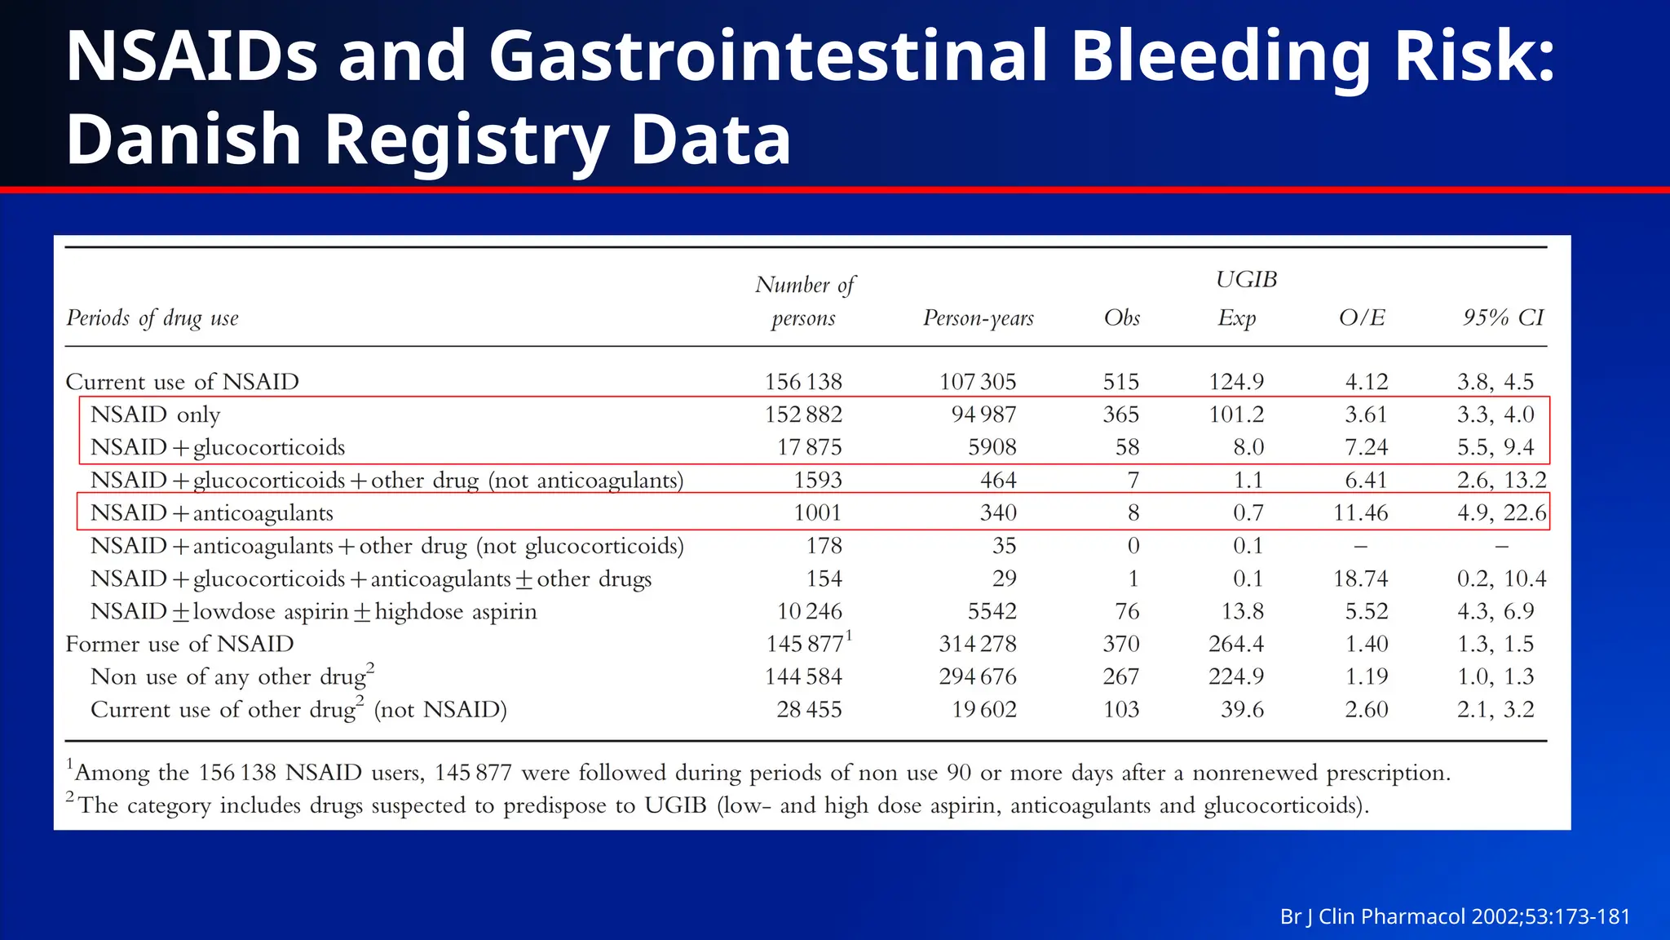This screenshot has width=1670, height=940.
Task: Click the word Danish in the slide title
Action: (183, 140)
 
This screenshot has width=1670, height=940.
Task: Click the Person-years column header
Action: (978, 317)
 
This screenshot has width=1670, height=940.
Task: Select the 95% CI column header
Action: (1503, 317)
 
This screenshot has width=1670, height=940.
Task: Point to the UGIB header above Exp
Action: (1245, 280)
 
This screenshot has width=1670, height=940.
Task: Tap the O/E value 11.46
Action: (1360, 513)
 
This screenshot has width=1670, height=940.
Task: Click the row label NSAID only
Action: (155, 415)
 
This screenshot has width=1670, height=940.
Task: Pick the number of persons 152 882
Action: (803, 415)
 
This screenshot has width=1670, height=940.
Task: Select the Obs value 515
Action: (1121, 382)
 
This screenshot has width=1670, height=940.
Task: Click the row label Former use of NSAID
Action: (179, 644)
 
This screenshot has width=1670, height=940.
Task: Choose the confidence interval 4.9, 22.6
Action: (1501, 513)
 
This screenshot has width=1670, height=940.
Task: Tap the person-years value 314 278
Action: (978, 644)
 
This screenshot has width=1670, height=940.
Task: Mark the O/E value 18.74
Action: (1360, 579)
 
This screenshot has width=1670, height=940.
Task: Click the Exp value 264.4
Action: (1236, 644)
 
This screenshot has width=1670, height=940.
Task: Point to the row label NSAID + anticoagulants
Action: (212, 513)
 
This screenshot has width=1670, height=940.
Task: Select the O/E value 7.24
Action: (1366, 447)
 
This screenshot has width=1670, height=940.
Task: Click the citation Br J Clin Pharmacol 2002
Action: (1455, 916)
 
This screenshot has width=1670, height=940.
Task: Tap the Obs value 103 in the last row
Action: (1121, 709)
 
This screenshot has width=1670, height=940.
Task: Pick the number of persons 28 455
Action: (809, 709)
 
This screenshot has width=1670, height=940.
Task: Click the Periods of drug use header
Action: (152, 317)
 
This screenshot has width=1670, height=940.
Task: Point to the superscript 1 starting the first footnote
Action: (70, 764)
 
